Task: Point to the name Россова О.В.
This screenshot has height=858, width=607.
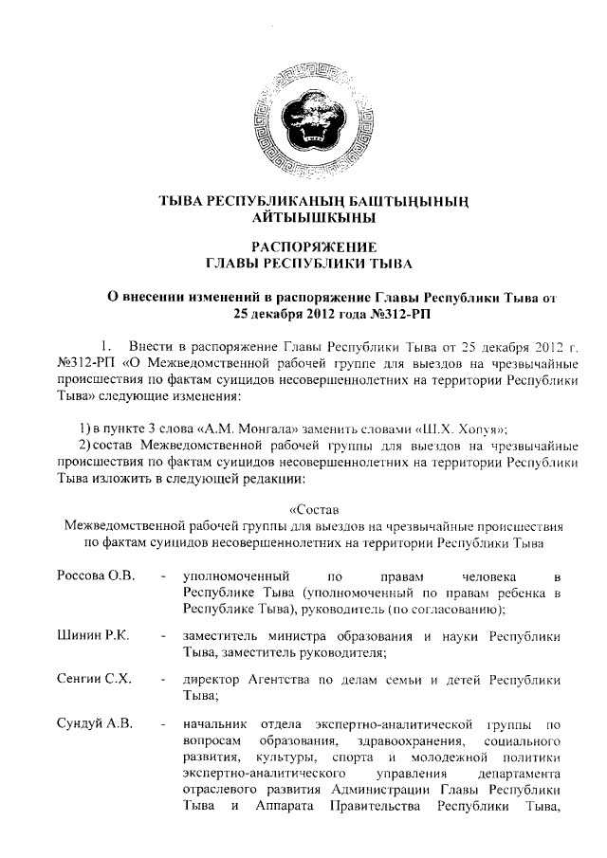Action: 97,575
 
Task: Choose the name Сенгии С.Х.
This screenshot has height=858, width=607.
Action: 96,680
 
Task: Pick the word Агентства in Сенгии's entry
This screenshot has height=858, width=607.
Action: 286,680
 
